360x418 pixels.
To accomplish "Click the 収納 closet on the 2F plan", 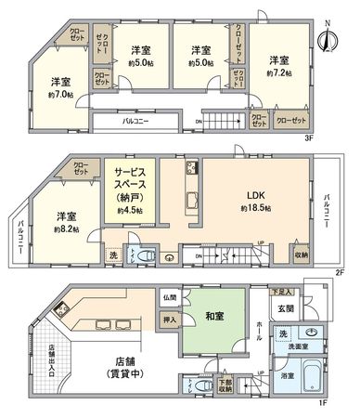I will click(302, 253).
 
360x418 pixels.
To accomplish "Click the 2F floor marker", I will click(340, 272).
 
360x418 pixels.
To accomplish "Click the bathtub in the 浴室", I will click(315, 379).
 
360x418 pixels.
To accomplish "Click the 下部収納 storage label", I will click(225, 385).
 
